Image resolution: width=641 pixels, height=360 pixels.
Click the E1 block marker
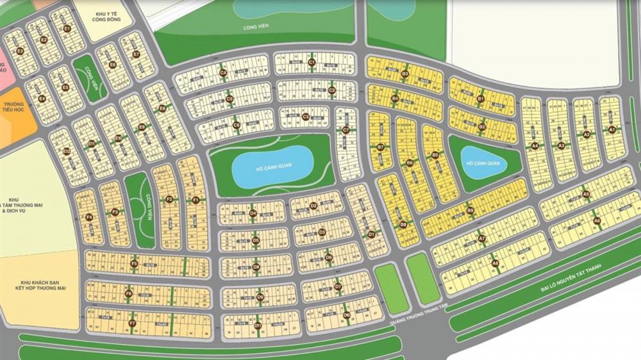pyautogui.click(x=67, y=28)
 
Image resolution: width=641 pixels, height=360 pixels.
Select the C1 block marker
pyautogui.click(x=312, y=62)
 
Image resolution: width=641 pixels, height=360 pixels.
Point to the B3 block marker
pyautogui.click(x=404, y=74)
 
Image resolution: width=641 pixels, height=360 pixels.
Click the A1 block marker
pyautogui.click(x=612, y=129)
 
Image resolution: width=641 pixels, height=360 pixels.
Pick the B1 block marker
pyautogui.click(x=480, y=99)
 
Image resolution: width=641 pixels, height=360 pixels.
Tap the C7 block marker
pyautogui.click(x=345, y=131)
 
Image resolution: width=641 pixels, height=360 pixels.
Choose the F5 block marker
pyautogui.click(x=135, y=263)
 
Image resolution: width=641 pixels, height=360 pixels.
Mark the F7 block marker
pyautogui.click(x=133, y=323)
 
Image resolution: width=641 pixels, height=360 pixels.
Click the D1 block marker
pyautogui.click(x=370, y=235)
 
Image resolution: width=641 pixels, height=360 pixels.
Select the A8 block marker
pyautogui.click(x=495, y=263)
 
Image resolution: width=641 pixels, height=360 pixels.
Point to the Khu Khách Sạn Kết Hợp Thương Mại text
pyautogui.click(x=44, y=285)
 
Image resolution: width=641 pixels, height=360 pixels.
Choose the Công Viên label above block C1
pyautogui.click(x=254, y=28)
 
